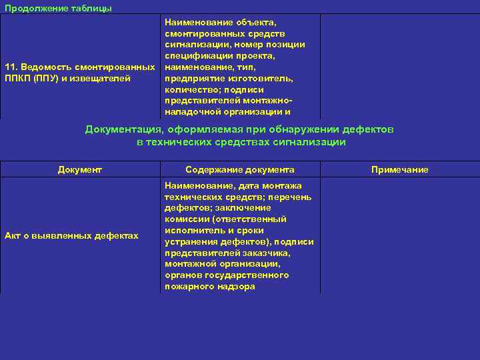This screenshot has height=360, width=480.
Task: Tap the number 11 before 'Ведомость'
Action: [x=11, y=67]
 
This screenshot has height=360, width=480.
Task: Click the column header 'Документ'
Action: [x=80, y=170]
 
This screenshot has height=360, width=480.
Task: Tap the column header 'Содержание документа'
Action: [x=240, y=170]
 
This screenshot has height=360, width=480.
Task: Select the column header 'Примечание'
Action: [x=400, y=170]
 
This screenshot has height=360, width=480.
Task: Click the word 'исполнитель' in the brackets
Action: [x=192, y=231]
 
